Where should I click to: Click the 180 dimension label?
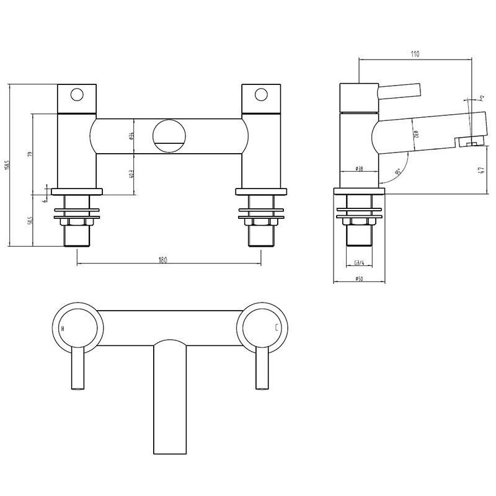(x=162, y=261)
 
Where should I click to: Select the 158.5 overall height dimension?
(x=7, y=166)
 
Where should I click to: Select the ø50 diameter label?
(x=359, y=279)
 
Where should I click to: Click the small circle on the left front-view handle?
(x=77, y=95)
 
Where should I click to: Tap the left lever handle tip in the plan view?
(x=77, y=386)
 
